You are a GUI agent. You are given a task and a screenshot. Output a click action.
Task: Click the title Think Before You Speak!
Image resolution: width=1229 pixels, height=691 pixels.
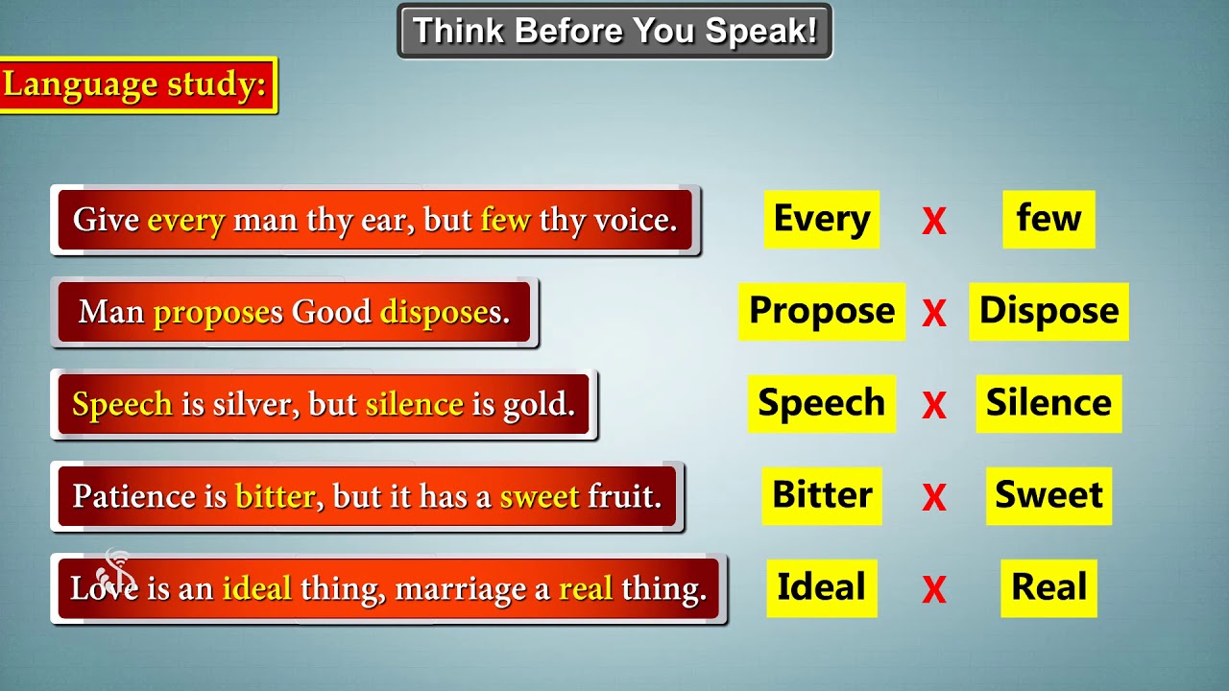point(614,31)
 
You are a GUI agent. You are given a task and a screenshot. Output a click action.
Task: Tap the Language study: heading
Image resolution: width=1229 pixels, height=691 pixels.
point(138,85)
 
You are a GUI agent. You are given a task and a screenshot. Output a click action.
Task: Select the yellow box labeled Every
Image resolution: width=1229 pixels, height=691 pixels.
point(821,219)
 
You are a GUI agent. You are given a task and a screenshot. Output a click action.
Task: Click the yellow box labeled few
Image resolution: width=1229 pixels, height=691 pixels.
point(1048,219)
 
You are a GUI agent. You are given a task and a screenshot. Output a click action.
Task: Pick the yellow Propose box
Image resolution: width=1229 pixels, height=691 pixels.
point(821,311)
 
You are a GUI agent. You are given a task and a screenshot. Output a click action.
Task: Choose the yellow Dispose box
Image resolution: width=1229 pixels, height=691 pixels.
point(1048,311)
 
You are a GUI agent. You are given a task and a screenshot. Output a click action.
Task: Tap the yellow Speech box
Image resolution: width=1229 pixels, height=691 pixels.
point(821,403)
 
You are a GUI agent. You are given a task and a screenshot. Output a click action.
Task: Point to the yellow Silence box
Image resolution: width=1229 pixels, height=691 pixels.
point(1048,403)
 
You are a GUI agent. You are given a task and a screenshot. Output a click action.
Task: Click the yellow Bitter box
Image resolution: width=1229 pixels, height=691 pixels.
point(822,495)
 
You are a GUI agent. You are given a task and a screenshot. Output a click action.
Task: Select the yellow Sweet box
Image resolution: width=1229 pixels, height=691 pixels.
point(1048,495)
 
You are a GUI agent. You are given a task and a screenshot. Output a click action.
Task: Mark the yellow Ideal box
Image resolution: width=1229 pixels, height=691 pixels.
point(821,587)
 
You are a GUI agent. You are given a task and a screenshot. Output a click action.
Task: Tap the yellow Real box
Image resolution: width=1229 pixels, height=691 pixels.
point(1048,587)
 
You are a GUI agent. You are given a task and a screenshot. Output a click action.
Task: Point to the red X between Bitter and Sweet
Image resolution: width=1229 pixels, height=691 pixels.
point(933,498)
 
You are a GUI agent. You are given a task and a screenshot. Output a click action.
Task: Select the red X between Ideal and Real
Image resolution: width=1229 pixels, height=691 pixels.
point(933,590)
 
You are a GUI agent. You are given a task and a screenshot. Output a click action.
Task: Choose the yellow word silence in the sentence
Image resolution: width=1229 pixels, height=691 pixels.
point(414,404)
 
